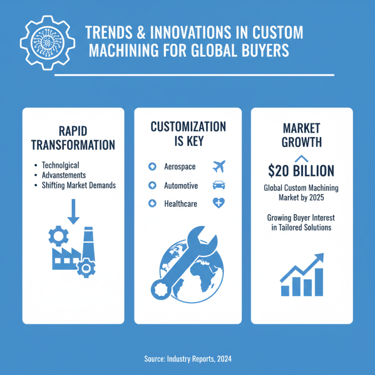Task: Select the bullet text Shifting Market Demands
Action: [x=79, y=185]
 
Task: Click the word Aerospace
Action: [x=180, y=167]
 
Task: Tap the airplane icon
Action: [x=218, y=166]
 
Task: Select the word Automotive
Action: [x=181, y=186]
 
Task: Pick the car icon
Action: [x=218, y=185]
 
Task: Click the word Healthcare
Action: [x=180, y=204]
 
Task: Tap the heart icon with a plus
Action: [x=218, y=203]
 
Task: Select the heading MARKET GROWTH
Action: [x=301, y=135]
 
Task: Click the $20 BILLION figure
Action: [x=301, y=171]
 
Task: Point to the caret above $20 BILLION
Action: [x=301, y=158]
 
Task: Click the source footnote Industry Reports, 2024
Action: [x=187, y=359]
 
